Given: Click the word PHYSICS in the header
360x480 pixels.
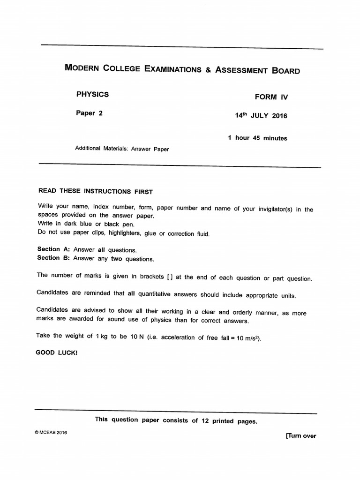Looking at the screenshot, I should [x=92, y=94].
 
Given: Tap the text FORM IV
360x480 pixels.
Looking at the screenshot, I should [x=271, y=97].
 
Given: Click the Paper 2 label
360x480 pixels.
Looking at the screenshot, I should [x=89, y=113].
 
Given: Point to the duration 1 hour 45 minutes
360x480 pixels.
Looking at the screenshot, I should [x=257, y=138].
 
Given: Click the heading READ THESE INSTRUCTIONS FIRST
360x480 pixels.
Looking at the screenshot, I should [x=95, y=191].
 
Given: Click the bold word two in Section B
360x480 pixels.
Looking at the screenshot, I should [x=117, y=259].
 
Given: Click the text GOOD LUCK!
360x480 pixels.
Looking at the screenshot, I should [x=57, y=352].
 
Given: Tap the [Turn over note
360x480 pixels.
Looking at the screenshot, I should [x=300, y=436].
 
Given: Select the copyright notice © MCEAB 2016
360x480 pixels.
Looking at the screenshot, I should [x=51, y=433].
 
